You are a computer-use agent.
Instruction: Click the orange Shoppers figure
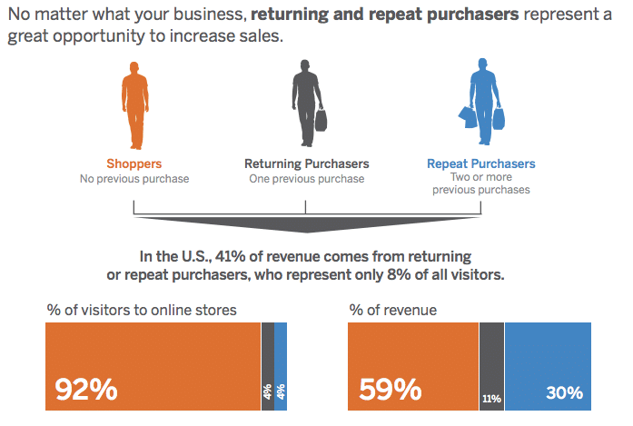pyautogui.click(x=135, y=105)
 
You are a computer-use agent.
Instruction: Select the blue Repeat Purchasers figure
pyautogui.click(x=483, y=101)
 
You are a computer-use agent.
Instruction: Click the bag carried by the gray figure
pyautogui.click(x=321, y=120)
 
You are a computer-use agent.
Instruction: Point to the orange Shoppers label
pyautogui.click(x=134, y=163)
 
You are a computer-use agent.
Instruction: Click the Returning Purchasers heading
pyautogui.click(x=307, y=163)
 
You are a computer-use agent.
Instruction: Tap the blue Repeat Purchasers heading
pyautogui.click(x=481, y=163)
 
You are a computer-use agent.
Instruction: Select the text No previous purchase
pyautogui.click(x=134, y=178)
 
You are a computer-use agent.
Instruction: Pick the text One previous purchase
pyautogui.click(x=307, y=178)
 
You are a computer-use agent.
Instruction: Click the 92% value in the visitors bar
pyautogui.click(x=86, y=390)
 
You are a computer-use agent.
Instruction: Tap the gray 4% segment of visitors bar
pyautogui.click(x=268, y=366)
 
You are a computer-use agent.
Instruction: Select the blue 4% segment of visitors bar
pyautogui.click(x=281, y=366)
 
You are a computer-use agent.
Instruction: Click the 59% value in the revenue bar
pyautogui.click(x=390, y=390)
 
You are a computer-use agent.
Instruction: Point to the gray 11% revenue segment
pyautogui.click(x=491, y=366)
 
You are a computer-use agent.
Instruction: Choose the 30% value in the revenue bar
pyautogui.click(x=564, y=392)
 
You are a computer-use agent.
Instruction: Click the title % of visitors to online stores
pyautogui.click(x=142, y=310)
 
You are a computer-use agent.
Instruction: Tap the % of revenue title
pyautogui.click(x=393, y=310)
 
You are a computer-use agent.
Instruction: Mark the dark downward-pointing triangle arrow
pyautogui.click(x=307, y=224)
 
